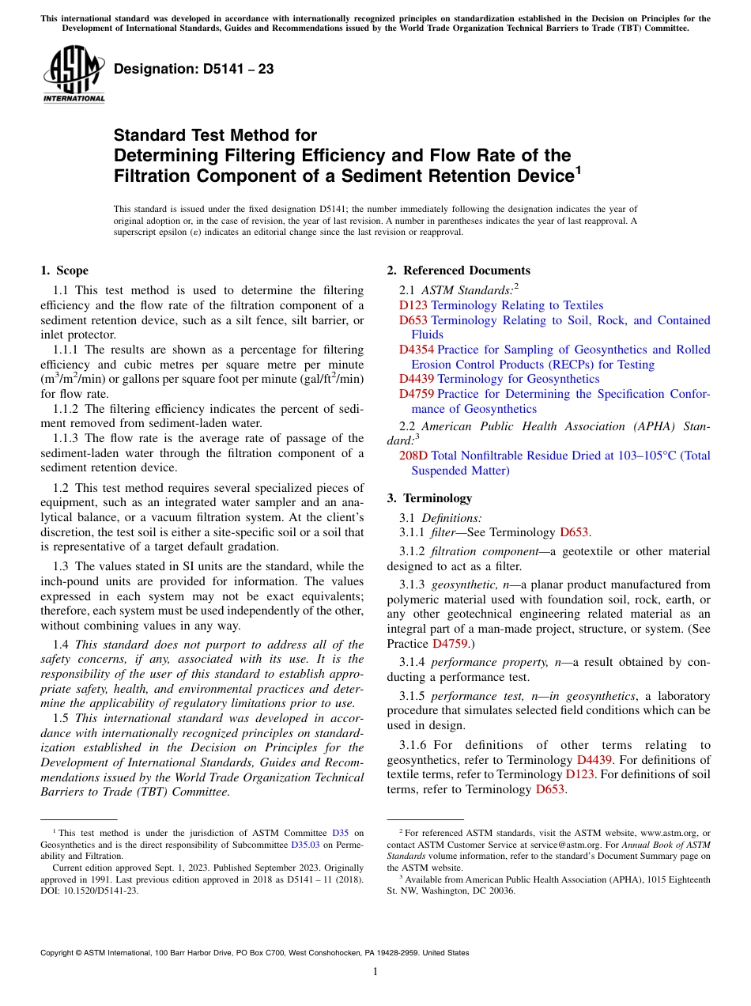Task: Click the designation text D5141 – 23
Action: (x=194, y=69)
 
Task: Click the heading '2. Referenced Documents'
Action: (x=459, y=270)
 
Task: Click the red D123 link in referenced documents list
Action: (x=413, y=305)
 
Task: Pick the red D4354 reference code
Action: (x=417, y=350)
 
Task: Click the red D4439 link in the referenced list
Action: (x=417, y=379)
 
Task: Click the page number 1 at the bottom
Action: (x=375, y=971)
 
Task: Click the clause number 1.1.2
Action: (x=66, y=409)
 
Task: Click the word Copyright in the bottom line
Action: (x=60, y=953)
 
